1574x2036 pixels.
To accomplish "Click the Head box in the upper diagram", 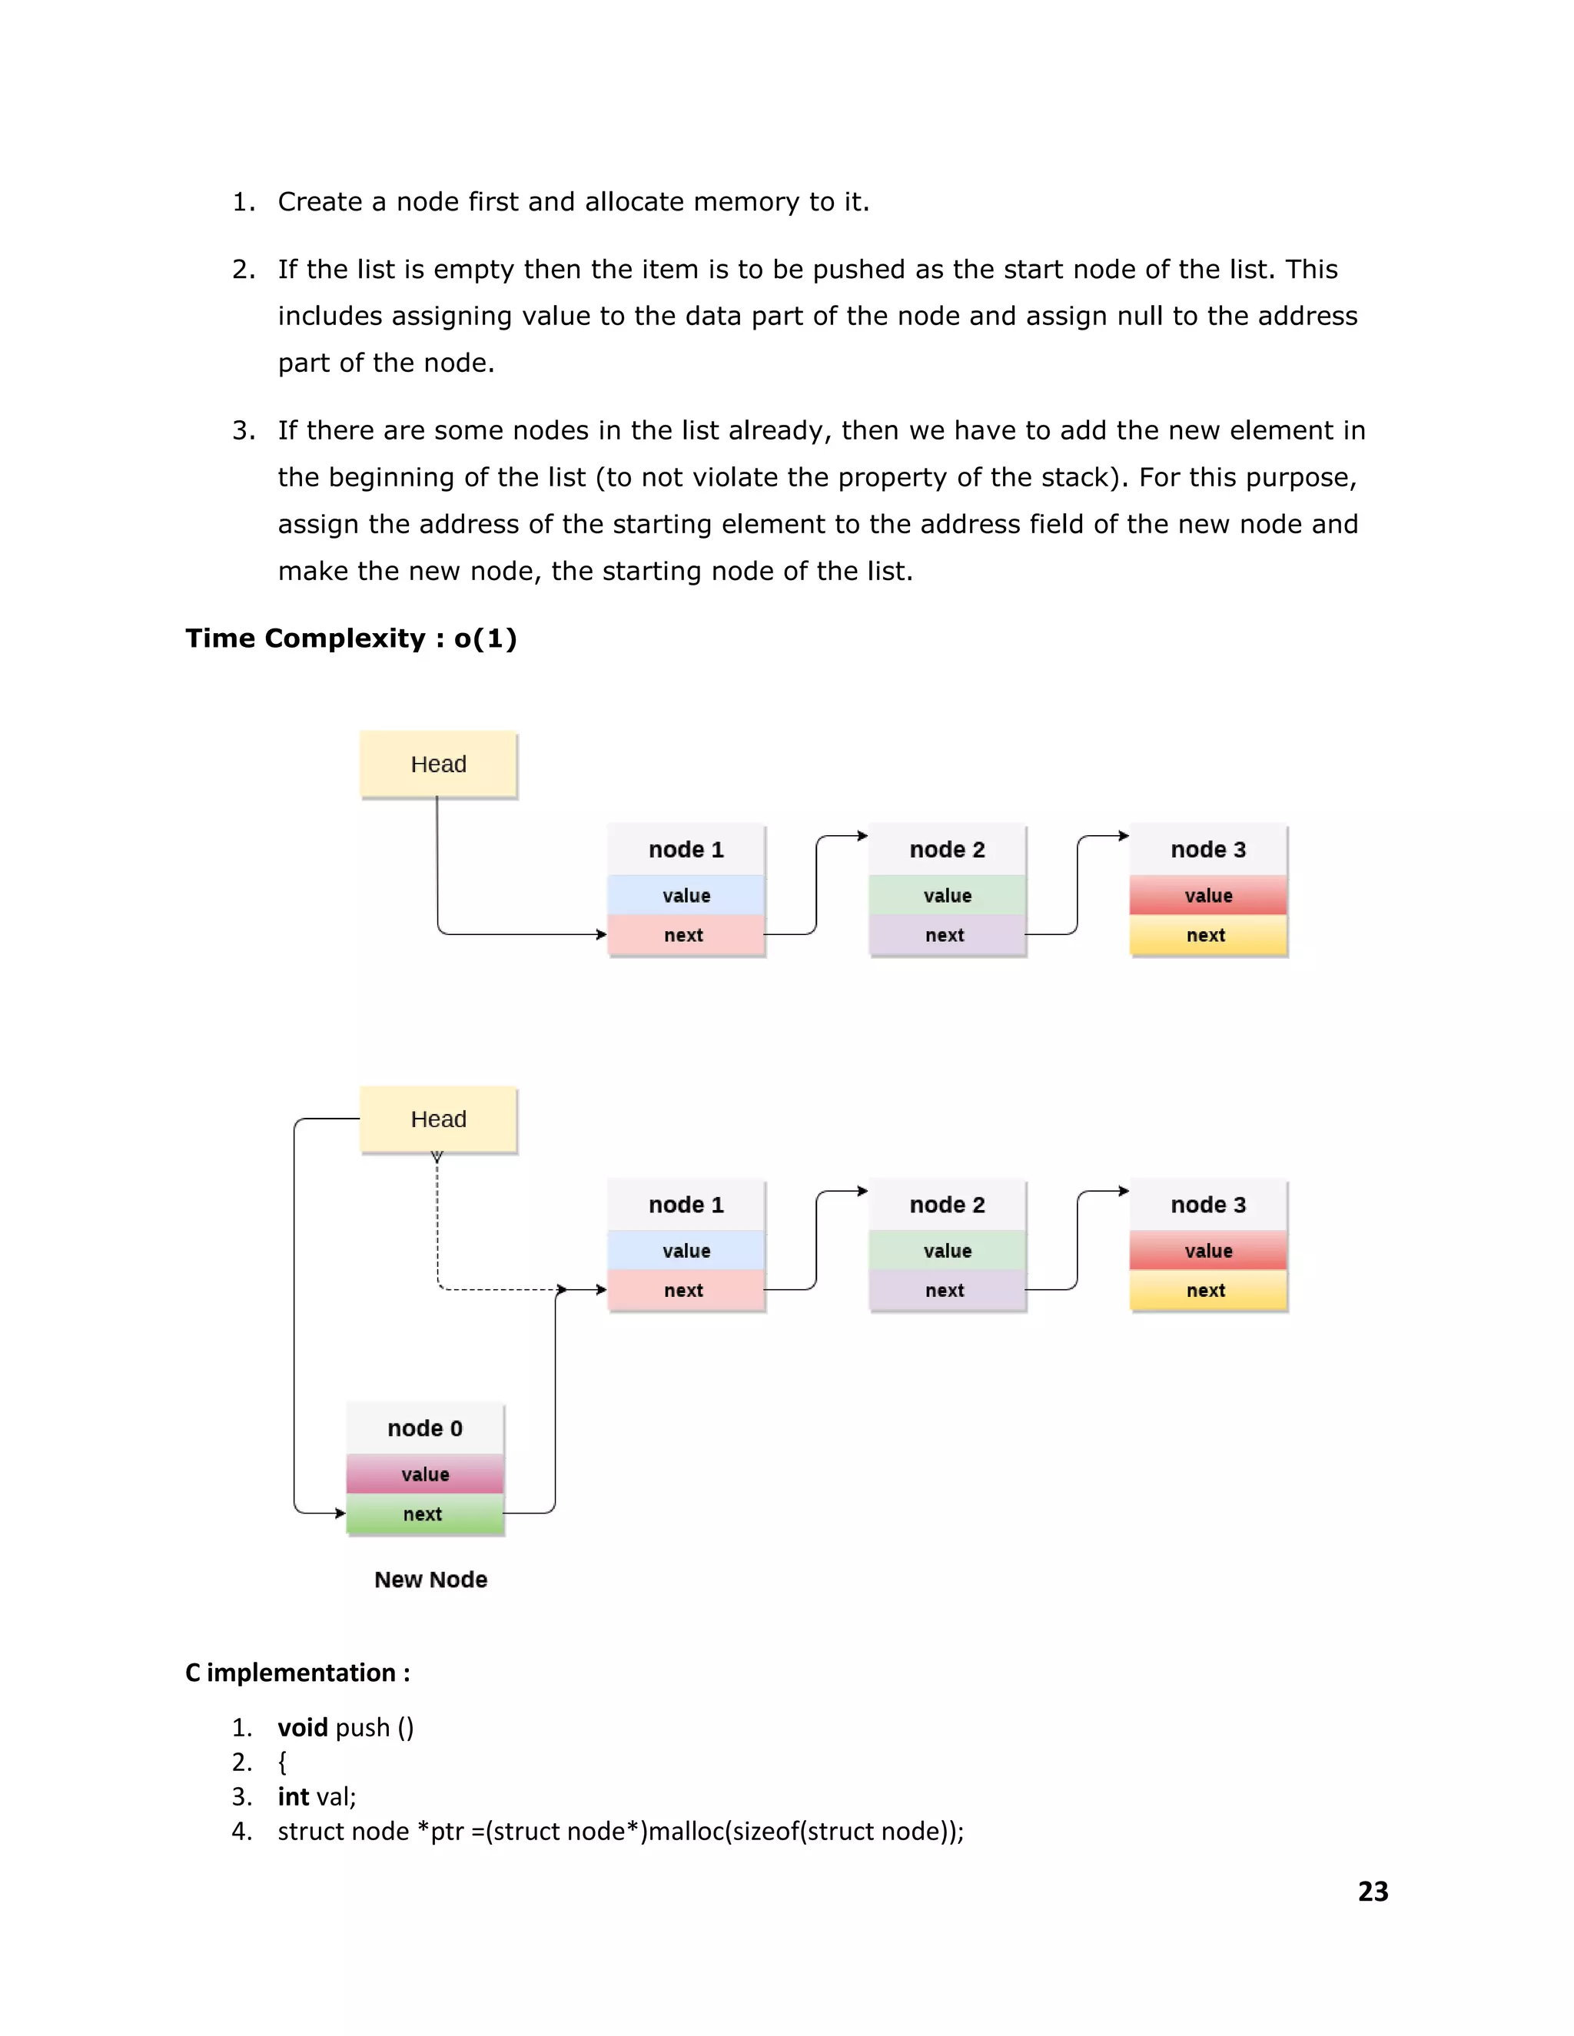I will coord(438,764).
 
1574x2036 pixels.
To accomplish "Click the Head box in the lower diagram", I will coord(438,1119).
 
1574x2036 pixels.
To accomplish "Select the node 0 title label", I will coord(425,1428).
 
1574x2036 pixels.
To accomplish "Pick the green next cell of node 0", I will coord(425,1514).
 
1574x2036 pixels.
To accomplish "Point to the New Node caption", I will coord(431,1579).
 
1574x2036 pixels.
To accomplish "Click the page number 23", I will coord(1373,1892).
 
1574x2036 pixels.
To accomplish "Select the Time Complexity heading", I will coord(350,638).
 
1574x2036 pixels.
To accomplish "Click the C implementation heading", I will coord(297,1673).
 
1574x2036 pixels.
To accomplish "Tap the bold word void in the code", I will coord(302,1727).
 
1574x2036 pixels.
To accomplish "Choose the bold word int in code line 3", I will coord(293,1796).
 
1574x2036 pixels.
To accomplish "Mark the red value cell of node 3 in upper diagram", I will coord(1208,896).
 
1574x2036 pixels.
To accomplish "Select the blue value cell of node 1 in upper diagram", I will coord(686,896).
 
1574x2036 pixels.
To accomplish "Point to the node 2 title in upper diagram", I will coord(948,849).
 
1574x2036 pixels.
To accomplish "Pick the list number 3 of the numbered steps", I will coord(244,431).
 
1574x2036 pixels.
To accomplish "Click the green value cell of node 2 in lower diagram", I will coord(948,1251).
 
